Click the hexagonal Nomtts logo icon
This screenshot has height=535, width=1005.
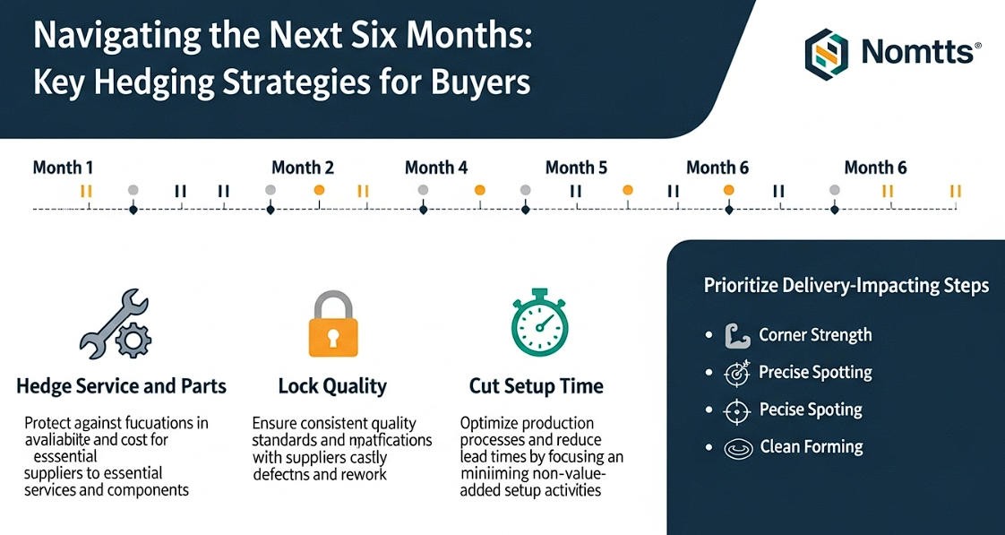827,51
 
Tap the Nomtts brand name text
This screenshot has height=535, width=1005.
915,52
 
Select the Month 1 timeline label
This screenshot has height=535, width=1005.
63,168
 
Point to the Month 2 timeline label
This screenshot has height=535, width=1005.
303,168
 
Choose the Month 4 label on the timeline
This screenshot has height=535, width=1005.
436,168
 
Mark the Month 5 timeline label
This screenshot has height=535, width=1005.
576,168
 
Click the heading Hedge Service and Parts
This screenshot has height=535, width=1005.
121,387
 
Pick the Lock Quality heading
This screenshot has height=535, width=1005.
332,387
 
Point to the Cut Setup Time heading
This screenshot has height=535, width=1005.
537,387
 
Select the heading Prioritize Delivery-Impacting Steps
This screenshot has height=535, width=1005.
846,286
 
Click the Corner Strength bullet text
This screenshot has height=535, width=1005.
815,335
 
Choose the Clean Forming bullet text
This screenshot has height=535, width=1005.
812,446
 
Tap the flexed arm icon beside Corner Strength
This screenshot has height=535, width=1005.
734,336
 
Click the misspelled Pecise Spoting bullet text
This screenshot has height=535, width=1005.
811,410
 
